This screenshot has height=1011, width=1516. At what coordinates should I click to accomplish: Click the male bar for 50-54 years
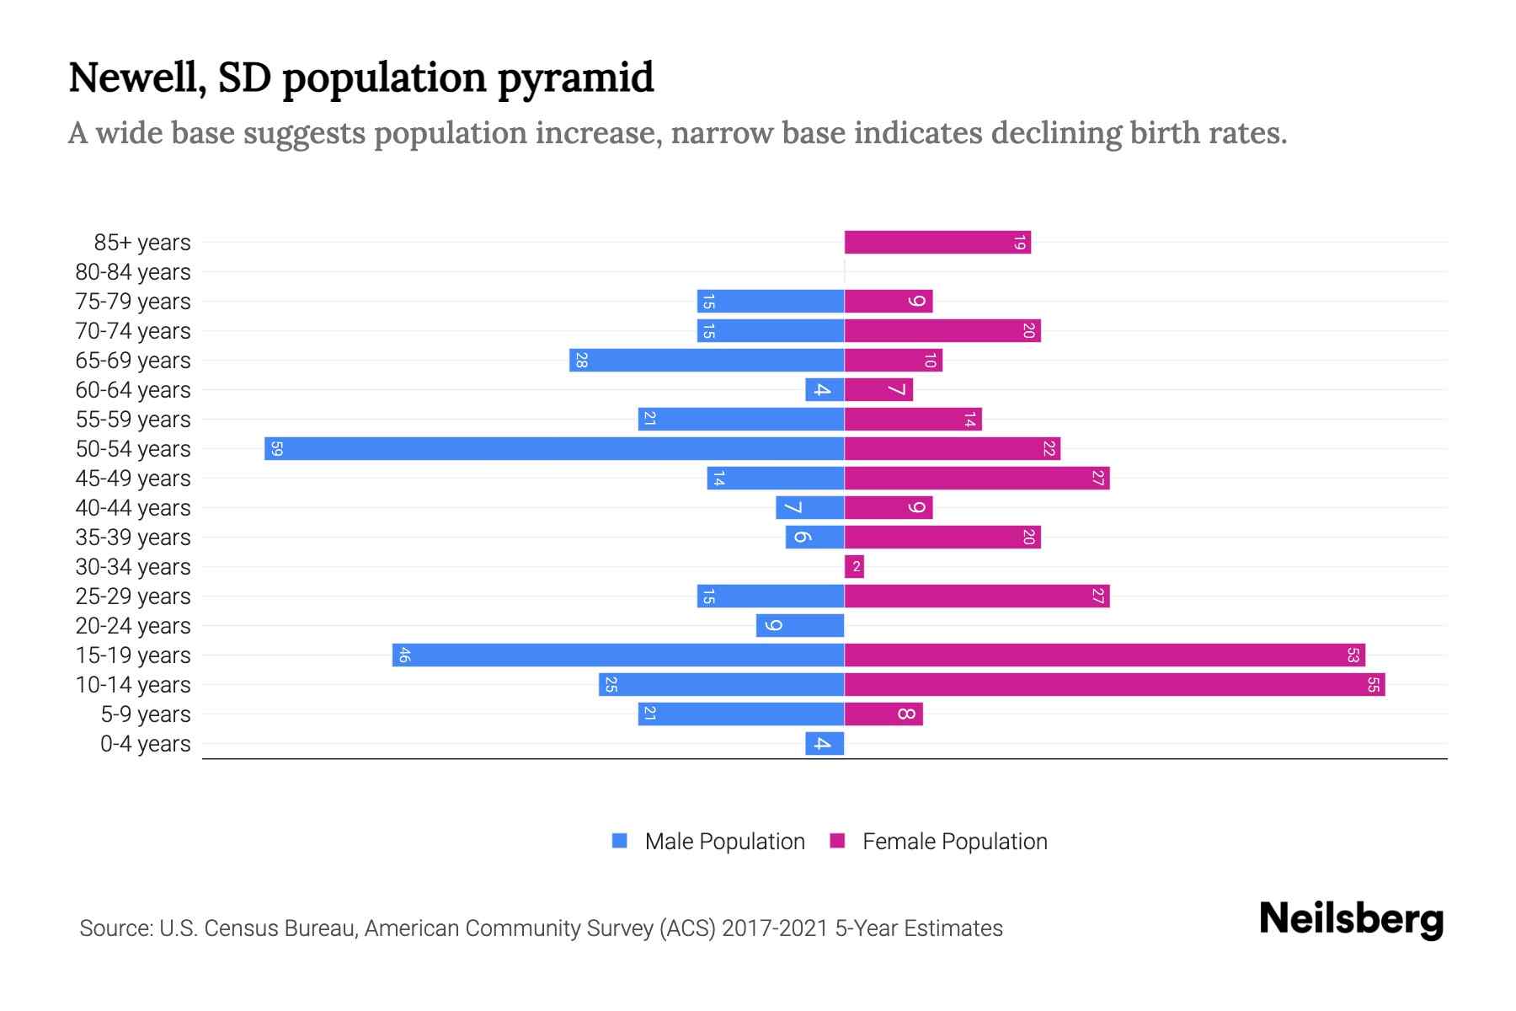click(x=554, y=448)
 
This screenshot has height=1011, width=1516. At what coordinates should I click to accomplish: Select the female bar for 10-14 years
click(x=1114, y=684)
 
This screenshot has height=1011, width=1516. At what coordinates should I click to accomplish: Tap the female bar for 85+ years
click(x=937, y=243)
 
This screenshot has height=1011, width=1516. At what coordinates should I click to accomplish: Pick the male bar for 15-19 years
click(x=618, y=655)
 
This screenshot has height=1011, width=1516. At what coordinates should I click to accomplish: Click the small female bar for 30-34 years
click(x=854, y=566)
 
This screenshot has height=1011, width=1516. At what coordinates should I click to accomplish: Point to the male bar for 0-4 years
click(x=825, y=743)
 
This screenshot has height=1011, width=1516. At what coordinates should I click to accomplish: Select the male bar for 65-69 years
click(x=707, y=360)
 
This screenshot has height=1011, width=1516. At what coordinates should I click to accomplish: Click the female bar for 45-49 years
click(x=977, y=478)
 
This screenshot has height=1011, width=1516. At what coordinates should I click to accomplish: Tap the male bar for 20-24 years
click(x=800, y=625)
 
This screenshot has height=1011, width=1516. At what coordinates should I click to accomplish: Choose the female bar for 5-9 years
click(x=883, y=714)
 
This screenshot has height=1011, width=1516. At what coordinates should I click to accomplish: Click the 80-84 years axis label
click(x=133, y=272)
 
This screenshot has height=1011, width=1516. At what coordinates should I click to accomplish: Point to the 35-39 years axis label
click(x=133, y=538)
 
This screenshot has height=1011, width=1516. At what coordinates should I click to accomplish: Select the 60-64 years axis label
click(x=133, y=390)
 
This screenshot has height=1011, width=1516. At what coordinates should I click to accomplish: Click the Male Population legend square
click(x=620, y=841)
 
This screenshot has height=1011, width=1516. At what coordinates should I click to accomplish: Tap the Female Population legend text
click(x=954, y=842)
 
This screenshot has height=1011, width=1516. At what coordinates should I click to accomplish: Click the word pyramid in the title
click(x=575, y=78)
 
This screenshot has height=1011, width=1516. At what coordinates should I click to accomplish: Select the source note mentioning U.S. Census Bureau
click(x=541, y=928)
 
